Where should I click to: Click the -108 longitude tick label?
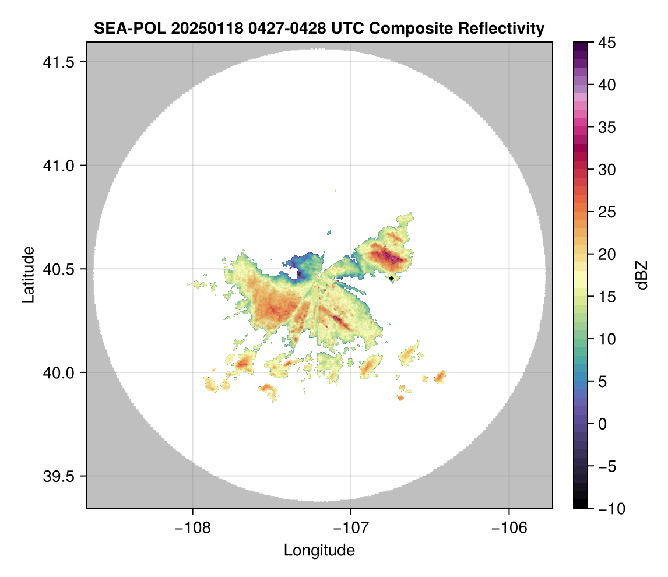(192, 527)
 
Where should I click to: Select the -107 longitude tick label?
(351, 527)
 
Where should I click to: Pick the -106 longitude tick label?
(509, 527)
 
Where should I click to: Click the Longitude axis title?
(319, 550)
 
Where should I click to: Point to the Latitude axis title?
(28, 275)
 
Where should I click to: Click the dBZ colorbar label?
(642, 275)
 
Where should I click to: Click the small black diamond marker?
(392, 278)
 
